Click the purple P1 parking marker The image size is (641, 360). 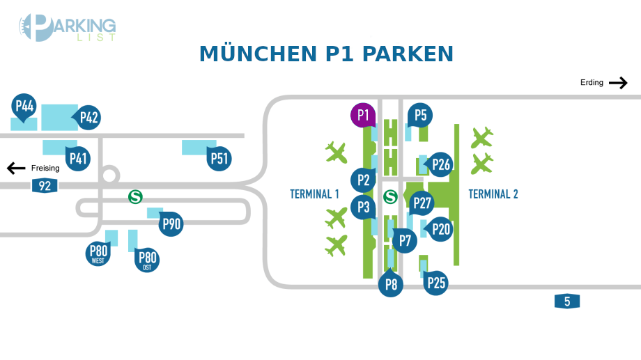363,115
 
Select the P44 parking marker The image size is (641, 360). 24,107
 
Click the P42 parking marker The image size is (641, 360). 88,117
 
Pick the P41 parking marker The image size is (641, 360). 78,159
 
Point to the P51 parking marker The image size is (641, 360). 219,159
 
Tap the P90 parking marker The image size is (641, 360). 171,224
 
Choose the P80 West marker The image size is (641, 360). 98,253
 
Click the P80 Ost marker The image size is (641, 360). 147,260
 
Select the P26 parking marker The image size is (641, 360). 440,164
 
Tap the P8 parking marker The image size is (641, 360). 391,284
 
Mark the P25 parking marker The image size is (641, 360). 436,283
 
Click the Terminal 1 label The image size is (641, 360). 314,194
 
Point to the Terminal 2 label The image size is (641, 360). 493,194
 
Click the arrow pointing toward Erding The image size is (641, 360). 618,83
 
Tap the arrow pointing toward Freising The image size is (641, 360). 16,168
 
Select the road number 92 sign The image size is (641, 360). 45,185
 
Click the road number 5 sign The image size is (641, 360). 567,301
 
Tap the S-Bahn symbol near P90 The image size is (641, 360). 135,197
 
